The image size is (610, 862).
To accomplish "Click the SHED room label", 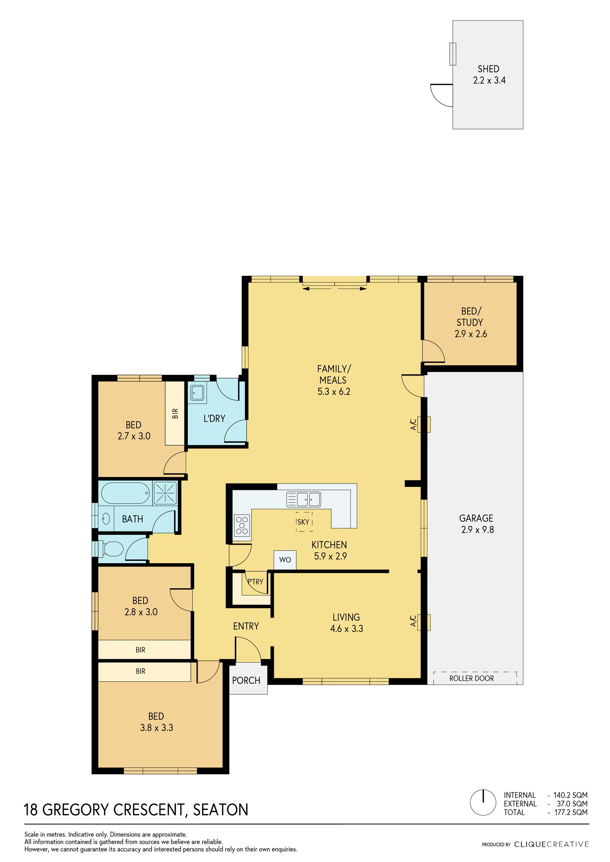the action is coord(488,69).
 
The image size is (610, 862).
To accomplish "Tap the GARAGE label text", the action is coord(476,518).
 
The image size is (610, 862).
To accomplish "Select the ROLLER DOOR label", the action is coord(471,678).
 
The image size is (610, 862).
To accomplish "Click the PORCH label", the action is coord(246,680).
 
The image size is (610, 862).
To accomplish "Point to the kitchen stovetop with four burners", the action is coord(242,525).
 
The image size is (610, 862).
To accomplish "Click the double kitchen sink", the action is coord(303,500).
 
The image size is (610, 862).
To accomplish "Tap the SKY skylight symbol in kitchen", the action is coord(303,522).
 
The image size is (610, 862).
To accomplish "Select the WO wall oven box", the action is coord(285,560).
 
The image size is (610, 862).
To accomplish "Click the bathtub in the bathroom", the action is coord(125,493).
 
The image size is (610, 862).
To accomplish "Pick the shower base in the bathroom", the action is coord(165,492).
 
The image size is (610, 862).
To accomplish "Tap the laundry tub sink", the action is coord(198,393).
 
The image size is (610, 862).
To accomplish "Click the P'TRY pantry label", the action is coord(255,582).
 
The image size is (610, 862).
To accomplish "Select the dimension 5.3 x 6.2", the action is coord(334,391).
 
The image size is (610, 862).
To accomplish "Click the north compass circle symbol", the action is coord(483,803).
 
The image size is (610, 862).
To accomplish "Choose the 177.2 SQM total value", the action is coord(571,812).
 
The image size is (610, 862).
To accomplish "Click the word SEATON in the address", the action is coord(220,810).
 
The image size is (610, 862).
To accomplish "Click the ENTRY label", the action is coord(246,626).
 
